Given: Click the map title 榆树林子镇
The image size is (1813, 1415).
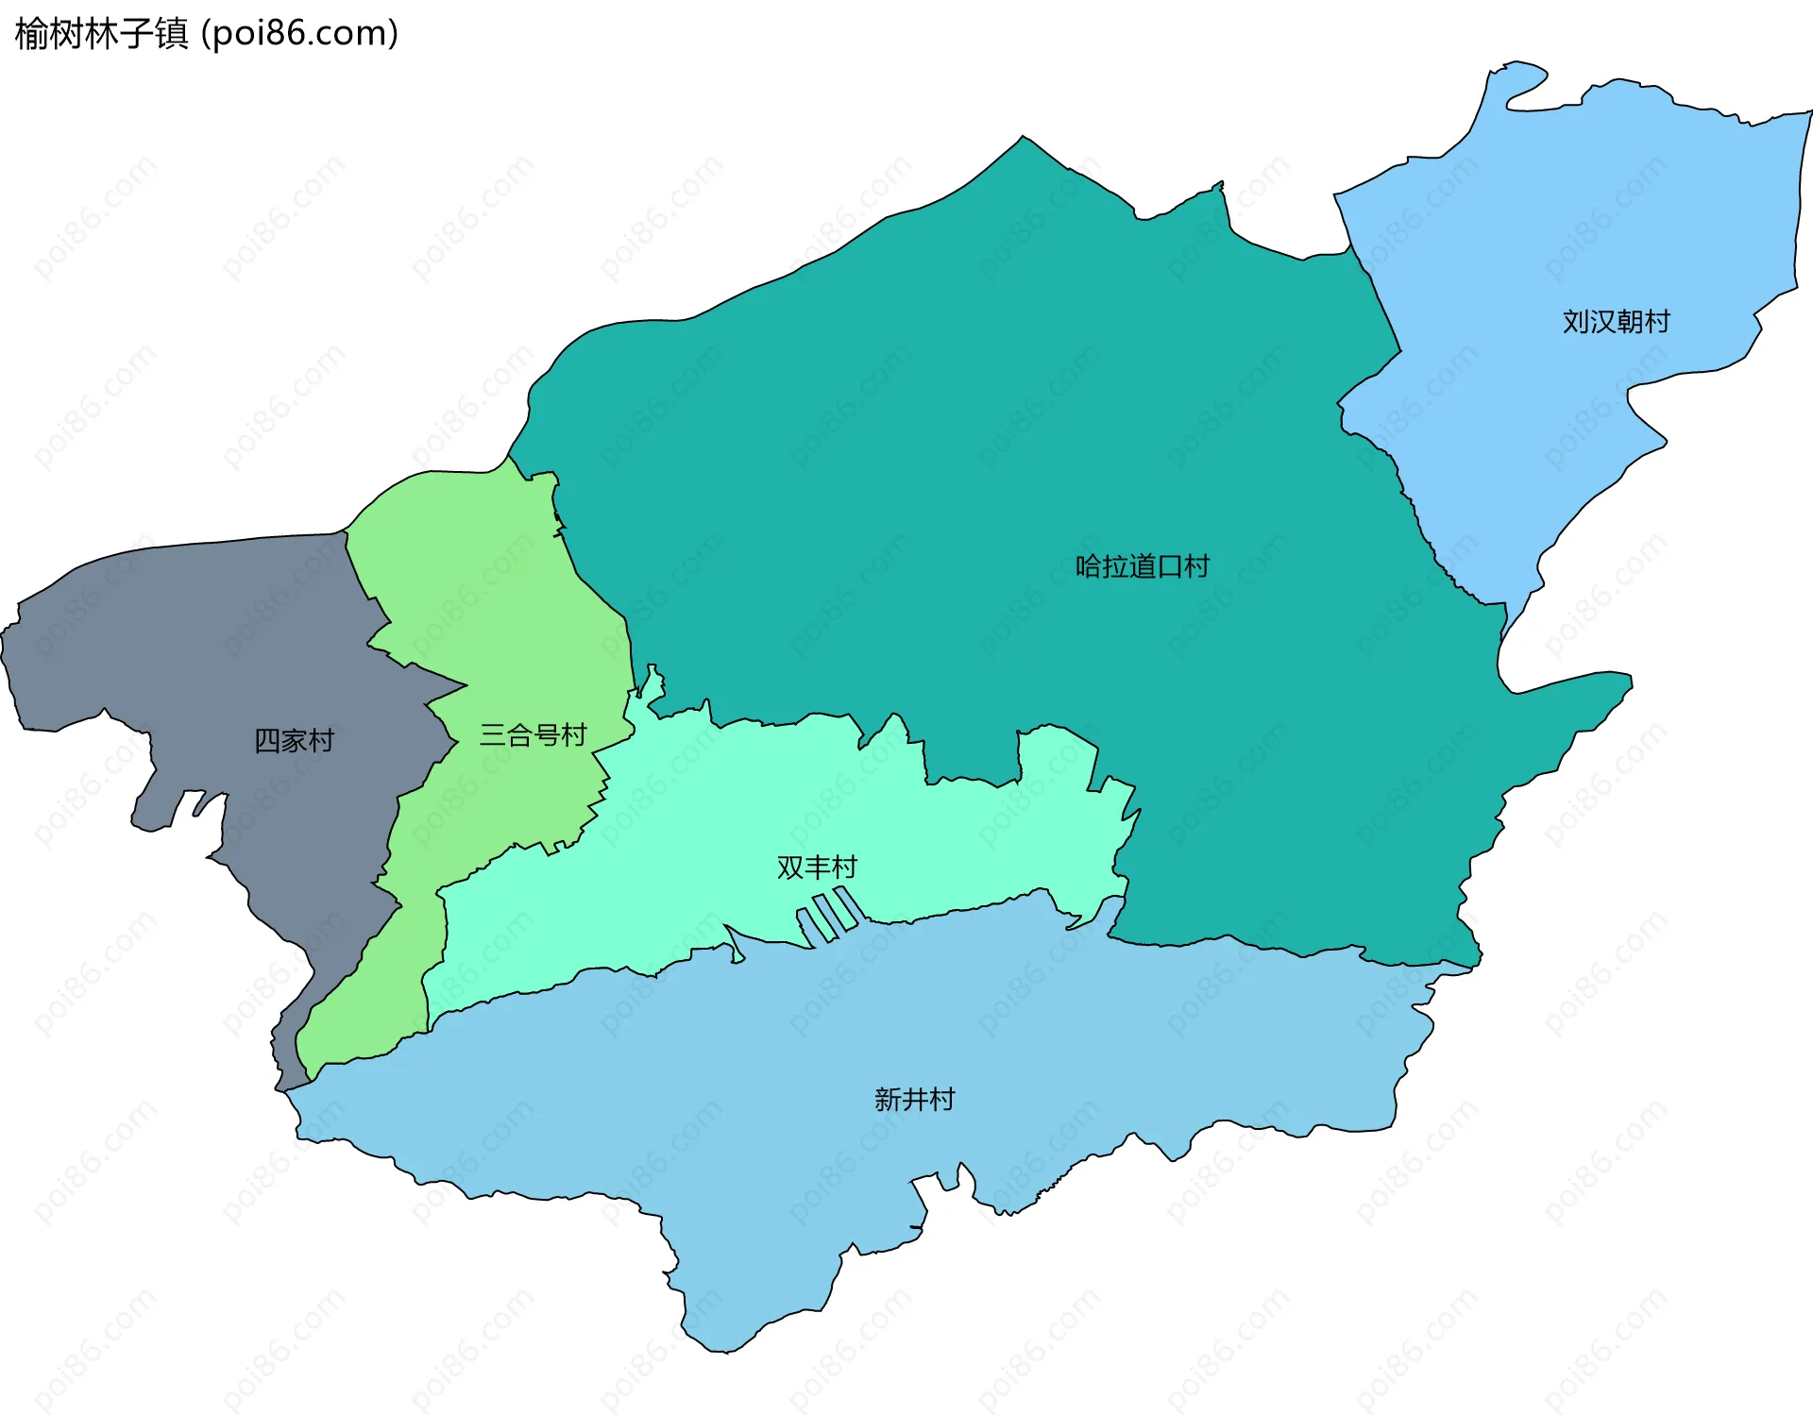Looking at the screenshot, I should coord(102,34).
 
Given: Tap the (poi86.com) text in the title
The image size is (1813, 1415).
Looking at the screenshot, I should coord(299,34).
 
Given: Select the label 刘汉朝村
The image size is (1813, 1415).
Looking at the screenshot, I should coord(1616,322).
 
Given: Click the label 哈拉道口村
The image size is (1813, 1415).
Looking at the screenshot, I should coord(1142,566).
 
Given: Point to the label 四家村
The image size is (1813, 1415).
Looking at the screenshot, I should coord(294,740).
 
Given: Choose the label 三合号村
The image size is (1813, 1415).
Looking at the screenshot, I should coord(533,734).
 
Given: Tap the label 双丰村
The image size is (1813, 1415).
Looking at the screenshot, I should coord(817,867).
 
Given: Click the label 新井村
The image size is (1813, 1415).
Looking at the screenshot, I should coord(914,1099).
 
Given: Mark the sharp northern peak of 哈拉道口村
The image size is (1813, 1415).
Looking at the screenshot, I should coord(1023,138).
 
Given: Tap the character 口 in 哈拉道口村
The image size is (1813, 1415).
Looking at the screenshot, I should coord(1169,566).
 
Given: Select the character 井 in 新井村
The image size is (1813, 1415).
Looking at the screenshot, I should coord(914,1099).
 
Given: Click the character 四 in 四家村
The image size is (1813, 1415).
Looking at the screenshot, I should coord(267,740).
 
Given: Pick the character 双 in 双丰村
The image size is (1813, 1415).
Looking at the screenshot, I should coord(790,867).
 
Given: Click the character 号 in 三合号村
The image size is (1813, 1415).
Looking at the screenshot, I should coord(547,734).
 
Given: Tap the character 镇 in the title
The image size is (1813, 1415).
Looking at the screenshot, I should coord(172,34).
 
